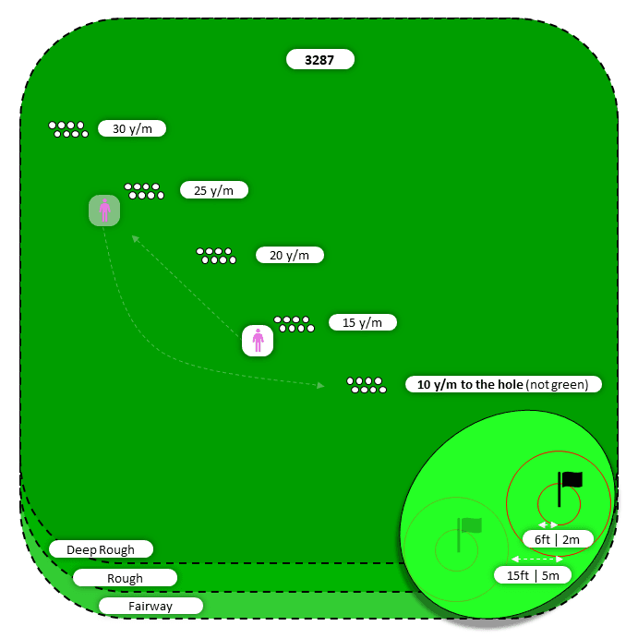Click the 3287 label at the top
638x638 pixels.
tap(319, 60)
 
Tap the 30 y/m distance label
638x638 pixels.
tap(132, 128)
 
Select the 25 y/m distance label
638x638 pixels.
tap(214, 190)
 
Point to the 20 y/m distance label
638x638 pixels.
tap(289, 255)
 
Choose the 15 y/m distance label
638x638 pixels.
tap(362, 322)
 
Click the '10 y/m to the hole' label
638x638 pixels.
tap(503, 384)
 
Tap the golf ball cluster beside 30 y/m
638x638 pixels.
tap(68, 129)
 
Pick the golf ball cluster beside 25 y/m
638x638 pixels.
tap(144, 191)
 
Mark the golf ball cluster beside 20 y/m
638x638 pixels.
tap(216, 256)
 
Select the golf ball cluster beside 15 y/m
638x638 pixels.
tap(294, 323)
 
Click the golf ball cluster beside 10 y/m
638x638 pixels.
tap(367, 385)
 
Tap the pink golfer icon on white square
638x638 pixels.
tap(258, 341)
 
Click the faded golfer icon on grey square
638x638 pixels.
tap(104, 211)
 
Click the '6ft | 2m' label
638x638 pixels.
tap(551, 538)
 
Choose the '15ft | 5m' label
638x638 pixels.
tap(532, 574)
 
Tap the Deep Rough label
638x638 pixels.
tap(101, 549)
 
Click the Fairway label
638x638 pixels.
tap(150, 607)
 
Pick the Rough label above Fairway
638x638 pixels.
tap(125, 578)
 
